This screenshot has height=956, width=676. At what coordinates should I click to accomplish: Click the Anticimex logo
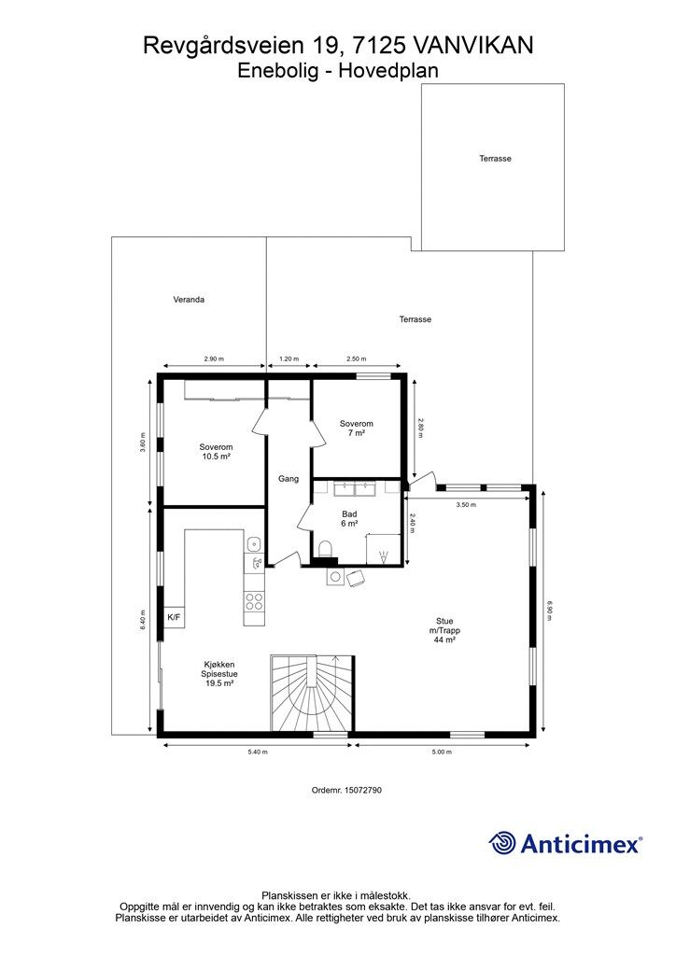(x=566, y=843)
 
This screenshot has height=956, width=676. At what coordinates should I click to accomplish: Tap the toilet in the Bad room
(x=326, y=548)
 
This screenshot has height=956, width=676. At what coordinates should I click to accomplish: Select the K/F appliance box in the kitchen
(x=174, y=617)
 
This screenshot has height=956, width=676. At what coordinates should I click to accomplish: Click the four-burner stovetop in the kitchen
(x=254, y=602)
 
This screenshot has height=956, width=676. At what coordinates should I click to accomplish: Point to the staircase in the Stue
(x=312, y=693)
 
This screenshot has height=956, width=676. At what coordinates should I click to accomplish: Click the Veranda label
(x=189, y=300)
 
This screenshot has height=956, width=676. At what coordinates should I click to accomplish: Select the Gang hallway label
(x=289, y=479)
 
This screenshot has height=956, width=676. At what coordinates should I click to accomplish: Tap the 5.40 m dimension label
(x=257, y=752)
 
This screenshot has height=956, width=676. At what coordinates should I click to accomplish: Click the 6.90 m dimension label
(x=549, y=611)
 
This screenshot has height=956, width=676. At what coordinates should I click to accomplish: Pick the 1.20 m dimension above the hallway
(x=289, y=359)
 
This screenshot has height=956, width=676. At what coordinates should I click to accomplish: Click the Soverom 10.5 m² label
(x=216, y=452)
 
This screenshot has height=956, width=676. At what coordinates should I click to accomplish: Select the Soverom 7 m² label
(x=357, y=428)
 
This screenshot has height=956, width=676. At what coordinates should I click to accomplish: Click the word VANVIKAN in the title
(x=472, y=45)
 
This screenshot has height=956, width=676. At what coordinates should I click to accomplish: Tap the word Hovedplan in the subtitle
(x=388, y=71)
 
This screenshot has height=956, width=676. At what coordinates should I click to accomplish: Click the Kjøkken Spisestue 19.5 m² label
(x=219, y=674)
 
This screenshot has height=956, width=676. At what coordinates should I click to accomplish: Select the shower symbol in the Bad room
(x=384, y=556)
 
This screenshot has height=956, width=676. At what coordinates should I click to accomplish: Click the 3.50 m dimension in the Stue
(x=466, y=505)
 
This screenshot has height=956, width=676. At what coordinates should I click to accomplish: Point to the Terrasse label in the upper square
(x=495, y=159)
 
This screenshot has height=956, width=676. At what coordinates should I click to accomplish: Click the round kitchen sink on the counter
(x=254, y=542)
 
